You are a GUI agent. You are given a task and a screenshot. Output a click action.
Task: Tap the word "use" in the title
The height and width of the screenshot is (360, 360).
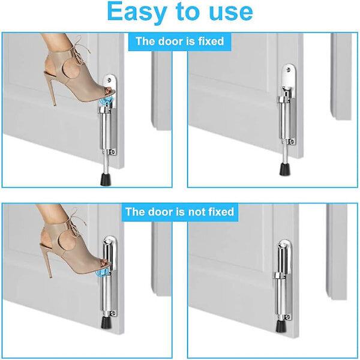tap(231, 12)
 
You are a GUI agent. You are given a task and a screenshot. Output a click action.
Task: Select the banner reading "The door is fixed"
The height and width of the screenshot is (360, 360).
tap(180, 41)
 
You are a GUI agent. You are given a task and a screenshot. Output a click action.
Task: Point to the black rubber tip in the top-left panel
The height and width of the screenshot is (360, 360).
tap(106, 179)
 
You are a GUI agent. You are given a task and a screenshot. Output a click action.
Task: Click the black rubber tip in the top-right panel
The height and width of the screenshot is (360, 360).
tap(284, 169)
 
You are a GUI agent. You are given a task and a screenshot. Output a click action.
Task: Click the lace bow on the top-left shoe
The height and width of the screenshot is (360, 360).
tap(81, 50)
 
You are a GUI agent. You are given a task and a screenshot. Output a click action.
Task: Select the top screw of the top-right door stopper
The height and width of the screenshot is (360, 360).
tap(288, 71)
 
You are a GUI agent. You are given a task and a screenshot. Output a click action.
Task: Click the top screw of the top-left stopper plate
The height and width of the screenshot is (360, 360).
tap(109, 80)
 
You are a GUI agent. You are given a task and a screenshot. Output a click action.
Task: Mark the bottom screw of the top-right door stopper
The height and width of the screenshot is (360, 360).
tap(292, 142)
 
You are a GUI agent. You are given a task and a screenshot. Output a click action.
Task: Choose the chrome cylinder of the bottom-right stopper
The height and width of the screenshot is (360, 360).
tap(281, 296)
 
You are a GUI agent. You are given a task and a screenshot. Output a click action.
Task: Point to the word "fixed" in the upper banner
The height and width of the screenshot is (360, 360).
tap(211, 41)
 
